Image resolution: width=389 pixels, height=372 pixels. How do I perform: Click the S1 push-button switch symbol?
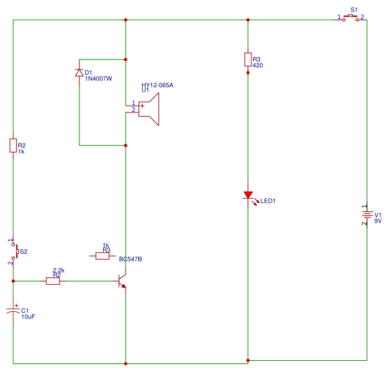pos(351,19)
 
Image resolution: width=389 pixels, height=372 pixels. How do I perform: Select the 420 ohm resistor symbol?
pos(247,60)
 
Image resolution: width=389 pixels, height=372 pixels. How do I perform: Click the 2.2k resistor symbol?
pos(53,281)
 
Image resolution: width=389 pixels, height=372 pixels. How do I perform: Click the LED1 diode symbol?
pos(248,196)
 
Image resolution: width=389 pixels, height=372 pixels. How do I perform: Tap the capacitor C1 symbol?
pos(13,311)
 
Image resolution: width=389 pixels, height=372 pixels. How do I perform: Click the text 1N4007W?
pos(98,79)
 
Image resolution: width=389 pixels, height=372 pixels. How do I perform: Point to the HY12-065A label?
pos(157,85)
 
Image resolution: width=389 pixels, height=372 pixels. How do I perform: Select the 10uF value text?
pos(28,317)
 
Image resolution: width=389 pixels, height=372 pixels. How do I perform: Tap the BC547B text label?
pos(130,260)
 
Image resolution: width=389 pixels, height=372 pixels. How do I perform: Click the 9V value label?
pos(378,221)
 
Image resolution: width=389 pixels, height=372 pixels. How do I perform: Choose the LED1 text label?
pos(268,201)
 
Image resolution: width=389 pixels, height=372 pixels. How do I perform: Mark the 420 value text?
pos(258,66)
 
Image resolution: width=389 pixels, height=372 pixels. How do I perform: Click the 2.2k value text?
pos(58,270)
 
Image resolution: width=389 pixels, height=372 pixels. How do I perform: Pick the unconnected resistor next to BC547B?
pos(103,256)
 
